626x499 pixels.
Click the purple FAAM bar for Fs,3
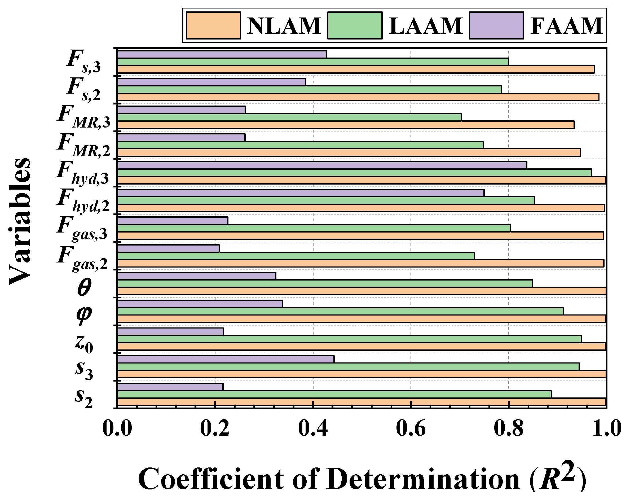[x=222, y=54]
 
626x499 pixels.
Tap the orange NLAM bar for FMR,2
[x=349, y=152]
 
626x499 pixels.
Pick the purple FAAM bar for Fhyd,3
[x=322, y=165]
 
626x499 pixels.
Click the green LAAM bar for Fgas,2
[x=296, y=256]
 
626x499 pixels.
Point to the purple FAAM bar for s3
[x=226, y=359]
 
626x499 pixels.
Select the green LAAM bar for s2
[x=334, y=395]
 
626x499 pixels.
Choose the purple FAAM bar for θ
[x=197, y=276]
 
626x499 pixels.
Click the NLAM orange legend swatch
[x=213, y=25]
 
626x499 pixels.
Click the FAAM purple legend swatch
[x=496, y=25]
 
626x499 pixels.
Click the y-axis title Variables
[x=20, y=222]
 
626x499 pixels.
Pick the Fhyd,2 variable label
[x=83, y=200]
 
